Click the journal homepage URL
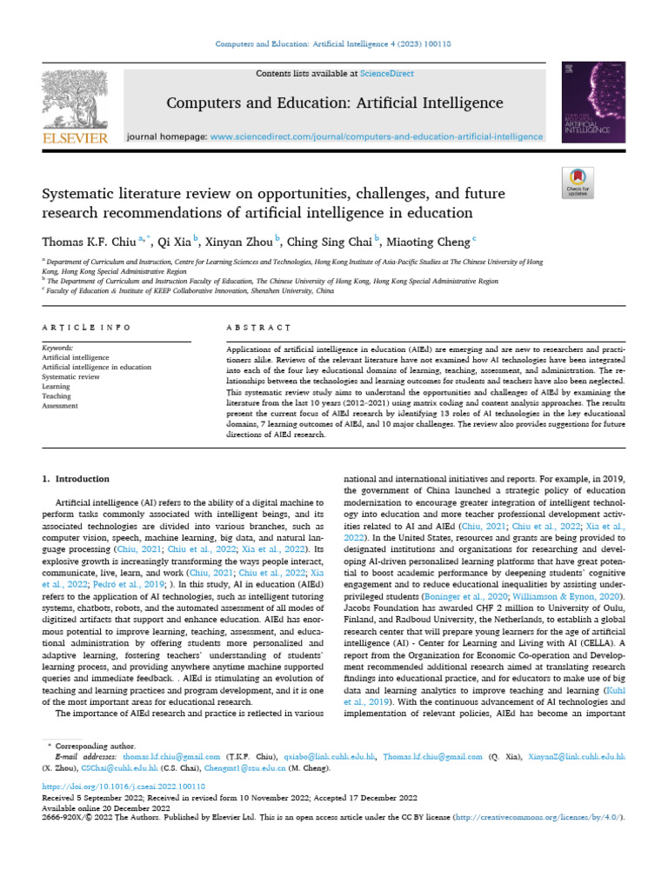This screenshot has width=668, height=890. point(377,136)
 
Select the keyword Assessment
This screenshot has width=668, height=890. point(60,405)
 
